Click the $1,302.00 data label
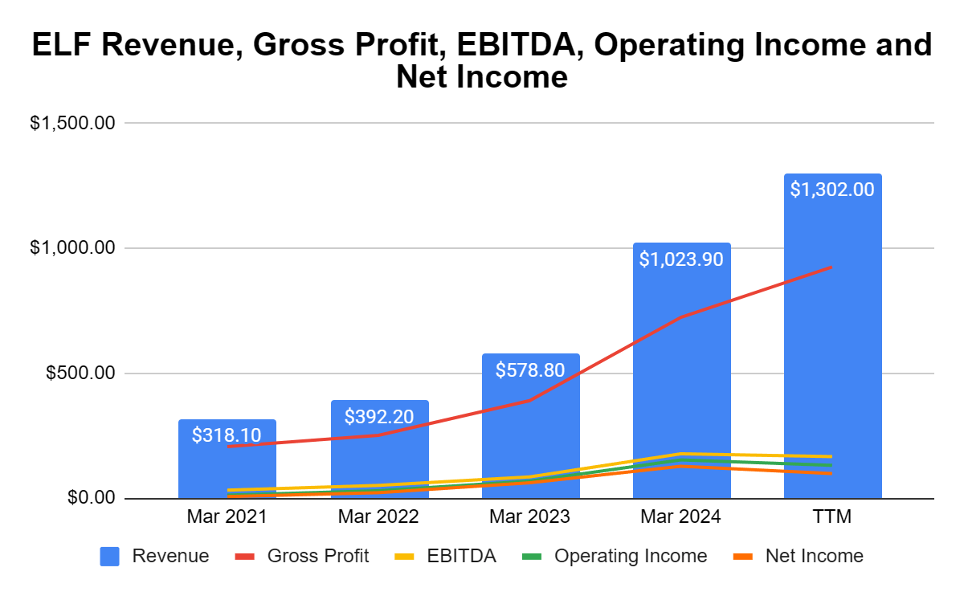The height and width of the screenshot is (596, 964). point(832,190)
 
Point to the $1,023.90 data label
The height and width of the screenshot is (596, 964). point(681,259)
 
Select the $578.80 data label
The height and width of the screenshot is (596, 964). point(530,370)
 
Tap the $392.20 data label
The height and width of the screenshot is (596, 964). point(379,417)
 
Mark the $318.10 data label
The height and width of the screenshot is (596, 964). point(227,435)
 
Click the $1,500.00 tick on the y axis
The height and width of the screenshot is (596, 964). point(73,124)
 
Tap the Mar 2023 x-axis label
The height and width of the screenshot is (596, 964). point(530,517)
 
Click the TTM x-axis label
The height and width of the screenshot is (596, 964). point(832,517)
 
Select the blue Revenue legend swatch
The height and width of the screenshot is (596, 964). point(110,556)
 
